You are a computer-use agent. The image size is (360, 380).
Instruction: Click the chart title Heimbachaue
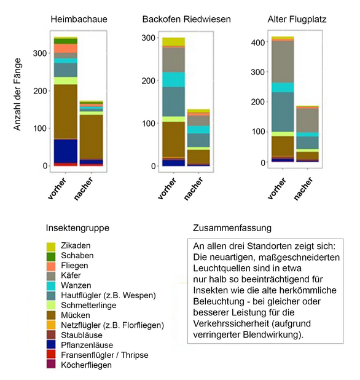point(79,20)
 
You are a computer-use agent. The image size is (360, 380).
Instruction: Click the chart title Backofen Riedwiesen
point(186,20)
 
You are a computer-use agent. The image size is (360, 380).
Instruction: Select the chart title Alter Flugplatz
point(297,20)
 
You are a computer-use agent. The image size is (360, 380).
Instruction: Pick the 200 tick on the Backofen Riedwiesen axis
point(147,81)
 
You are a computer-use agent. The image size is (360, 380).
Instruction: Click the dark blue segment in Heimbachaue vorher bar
point(65,151)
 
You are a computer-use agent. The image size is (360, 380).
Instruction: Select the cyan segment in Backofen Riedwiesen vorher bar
point(173,79)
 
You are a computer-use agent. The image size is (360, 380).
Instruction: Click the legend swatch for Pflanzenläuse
point(52,345)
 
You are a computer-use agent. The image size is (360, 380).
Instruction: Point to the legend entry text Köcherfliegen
point(91,365)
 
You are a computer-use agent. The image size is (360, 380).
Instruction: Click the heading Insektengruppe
point(78,228)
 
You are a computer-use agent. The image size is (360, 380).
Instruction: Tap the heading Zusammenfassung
point(228,227)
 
